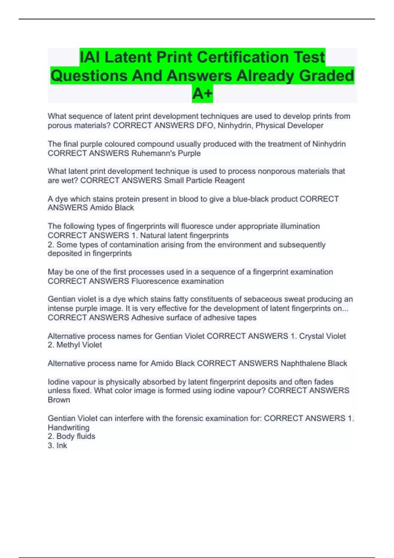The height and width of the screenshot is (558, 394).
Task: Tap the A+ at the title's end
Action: click(x=202, y=94)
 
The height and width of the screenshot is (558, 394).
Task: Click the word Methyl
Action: click(x=68, y=345)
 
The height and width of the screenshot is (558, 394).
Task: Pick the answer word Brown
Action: click(x=59, y=400)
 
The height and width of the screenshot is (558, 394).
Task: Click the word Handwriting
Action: click(x=68, y=428)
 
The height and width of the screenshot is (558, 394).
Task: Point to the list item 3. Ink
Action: click(x=57, y=446)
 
